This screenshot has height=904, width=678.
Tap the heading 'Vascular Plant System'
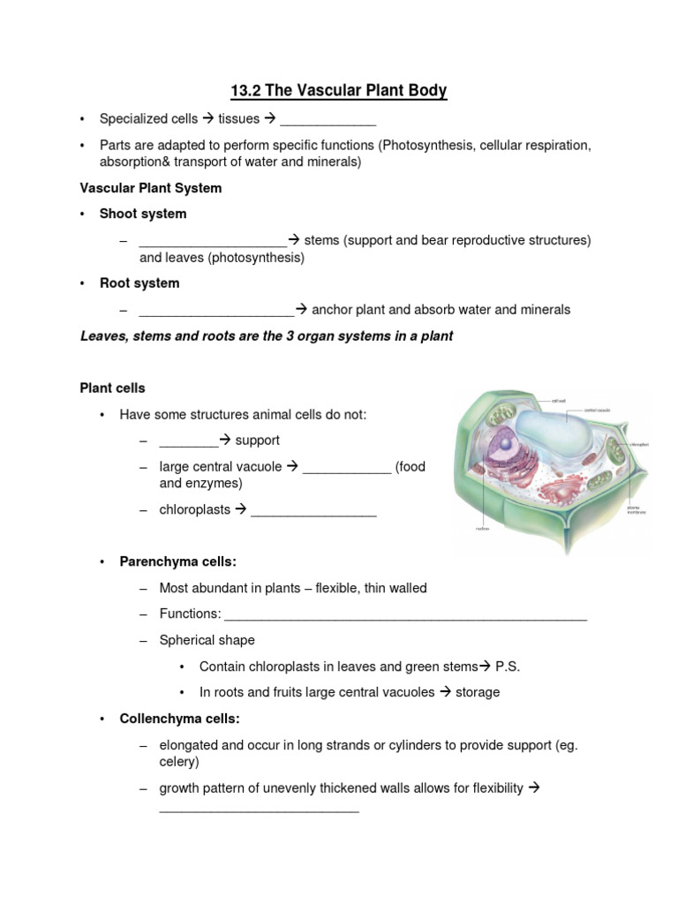[151, 188]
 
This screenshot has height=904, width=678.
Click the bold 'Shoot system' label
[143, 214]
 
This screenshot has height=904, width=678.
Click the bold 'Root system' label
[139, 283]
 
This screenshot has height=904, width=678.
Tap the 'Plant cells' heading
[113, 388]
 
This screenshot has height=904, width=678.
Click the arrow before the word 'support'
[224, 441]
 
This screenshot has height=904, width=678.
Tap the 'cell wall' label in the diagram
[558, 400]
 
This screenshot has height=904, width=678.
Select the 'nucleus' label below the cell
[483, 530]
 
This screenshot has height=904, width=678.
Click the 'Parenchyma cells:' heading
[178, 562]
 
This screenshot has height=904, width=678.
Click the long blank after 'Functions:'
[406, 615]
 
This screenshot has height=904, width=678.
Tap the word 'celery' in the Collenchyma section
[178, 761]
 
